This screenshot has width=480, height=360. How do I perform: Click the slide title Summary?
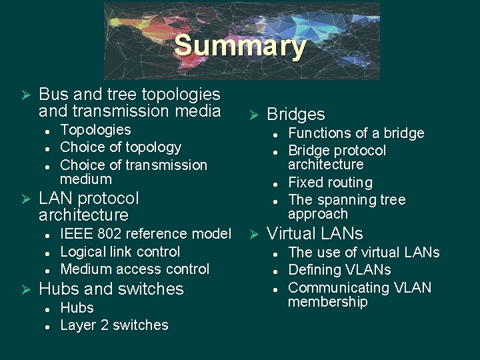coord(240,46)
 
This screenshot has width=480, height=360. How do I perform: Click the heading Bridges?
coord(295,115)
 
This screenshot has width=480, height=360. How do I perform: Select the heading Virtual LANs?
coord(315,233)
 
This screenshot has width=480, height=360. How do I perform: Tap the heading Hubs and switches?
coord(111,289)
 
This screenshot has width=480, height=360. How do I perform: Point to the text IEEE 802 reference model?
coord(145,234)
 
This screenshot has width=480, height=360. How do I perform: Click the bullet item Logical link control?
coord(120,252)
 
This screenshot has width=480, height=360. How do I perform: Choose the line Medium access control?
coord(135,269)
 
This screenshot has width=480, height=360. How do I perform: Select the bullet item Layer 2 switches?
coord(114,325)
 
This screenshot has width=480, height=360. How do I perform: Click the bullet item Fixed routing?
coord(330,183)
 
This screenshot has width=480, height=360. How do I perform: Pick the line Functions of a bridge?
coord(356,133)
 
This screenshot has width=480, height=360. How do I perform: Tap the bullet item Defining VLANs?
coord(339,270)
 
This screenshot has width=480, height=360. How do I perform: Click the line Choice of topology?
coord(121,147)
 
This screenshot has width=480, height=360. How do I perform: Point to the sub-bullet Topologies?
coord(95,130)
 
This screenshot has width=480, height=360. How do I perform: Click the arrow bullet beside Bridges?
coord(253,115)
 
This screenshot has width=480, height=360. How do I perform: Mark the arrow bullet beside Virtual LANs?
coord(253,234)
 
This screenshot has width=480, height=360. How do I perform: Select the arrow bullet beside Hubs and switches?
coord(25,289)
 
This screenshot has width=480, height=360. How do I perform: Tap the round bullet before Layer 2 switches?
coord(47,326)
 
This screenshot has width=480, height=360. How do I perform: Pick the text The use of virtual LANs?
coord(363,253)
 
